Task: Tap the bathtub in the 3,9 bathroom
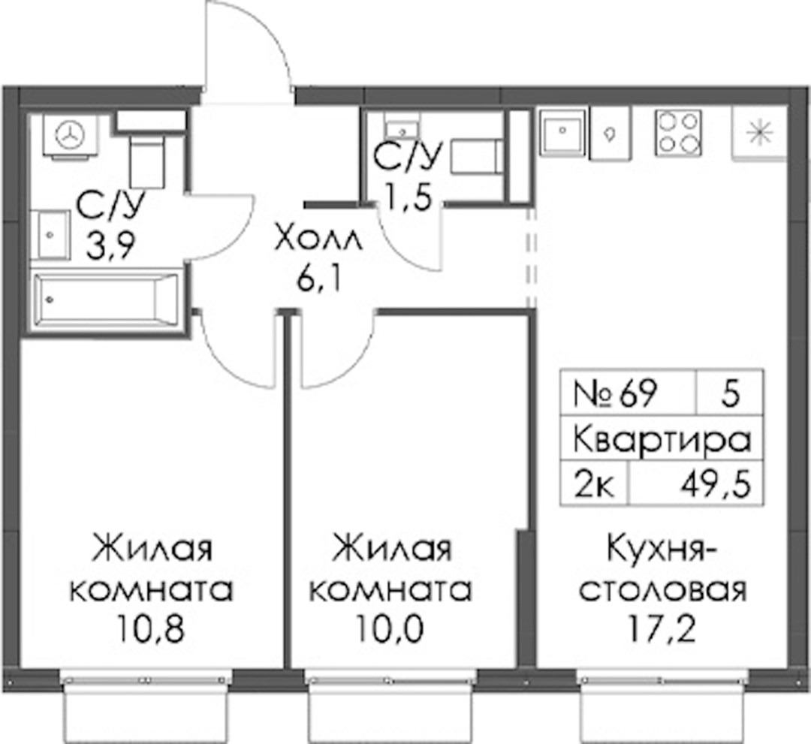click(105, 300)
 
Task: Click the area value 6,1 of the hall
click(320, 280)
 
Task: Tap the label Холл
click(320, 242)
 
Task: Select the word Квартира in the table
click(662, 441)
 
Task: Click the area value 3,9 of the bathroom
click(110, 249)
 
